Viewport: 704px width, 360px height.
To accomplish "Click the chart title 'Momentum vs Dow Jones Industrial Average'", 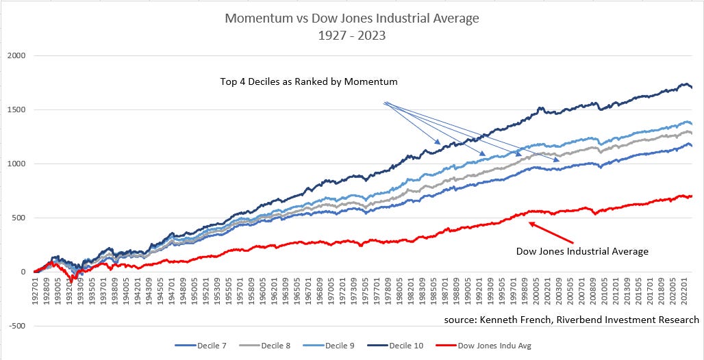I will (352, 18).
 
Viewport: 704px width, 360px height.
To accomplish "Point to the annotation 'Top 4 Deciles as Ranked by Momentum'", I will (309, 81).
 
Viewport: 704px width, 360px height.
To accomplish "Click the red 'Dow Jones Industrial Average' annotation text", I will (581, 252).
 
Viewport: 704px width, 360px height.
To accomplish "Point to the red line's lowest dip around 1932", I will (71, 281).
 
